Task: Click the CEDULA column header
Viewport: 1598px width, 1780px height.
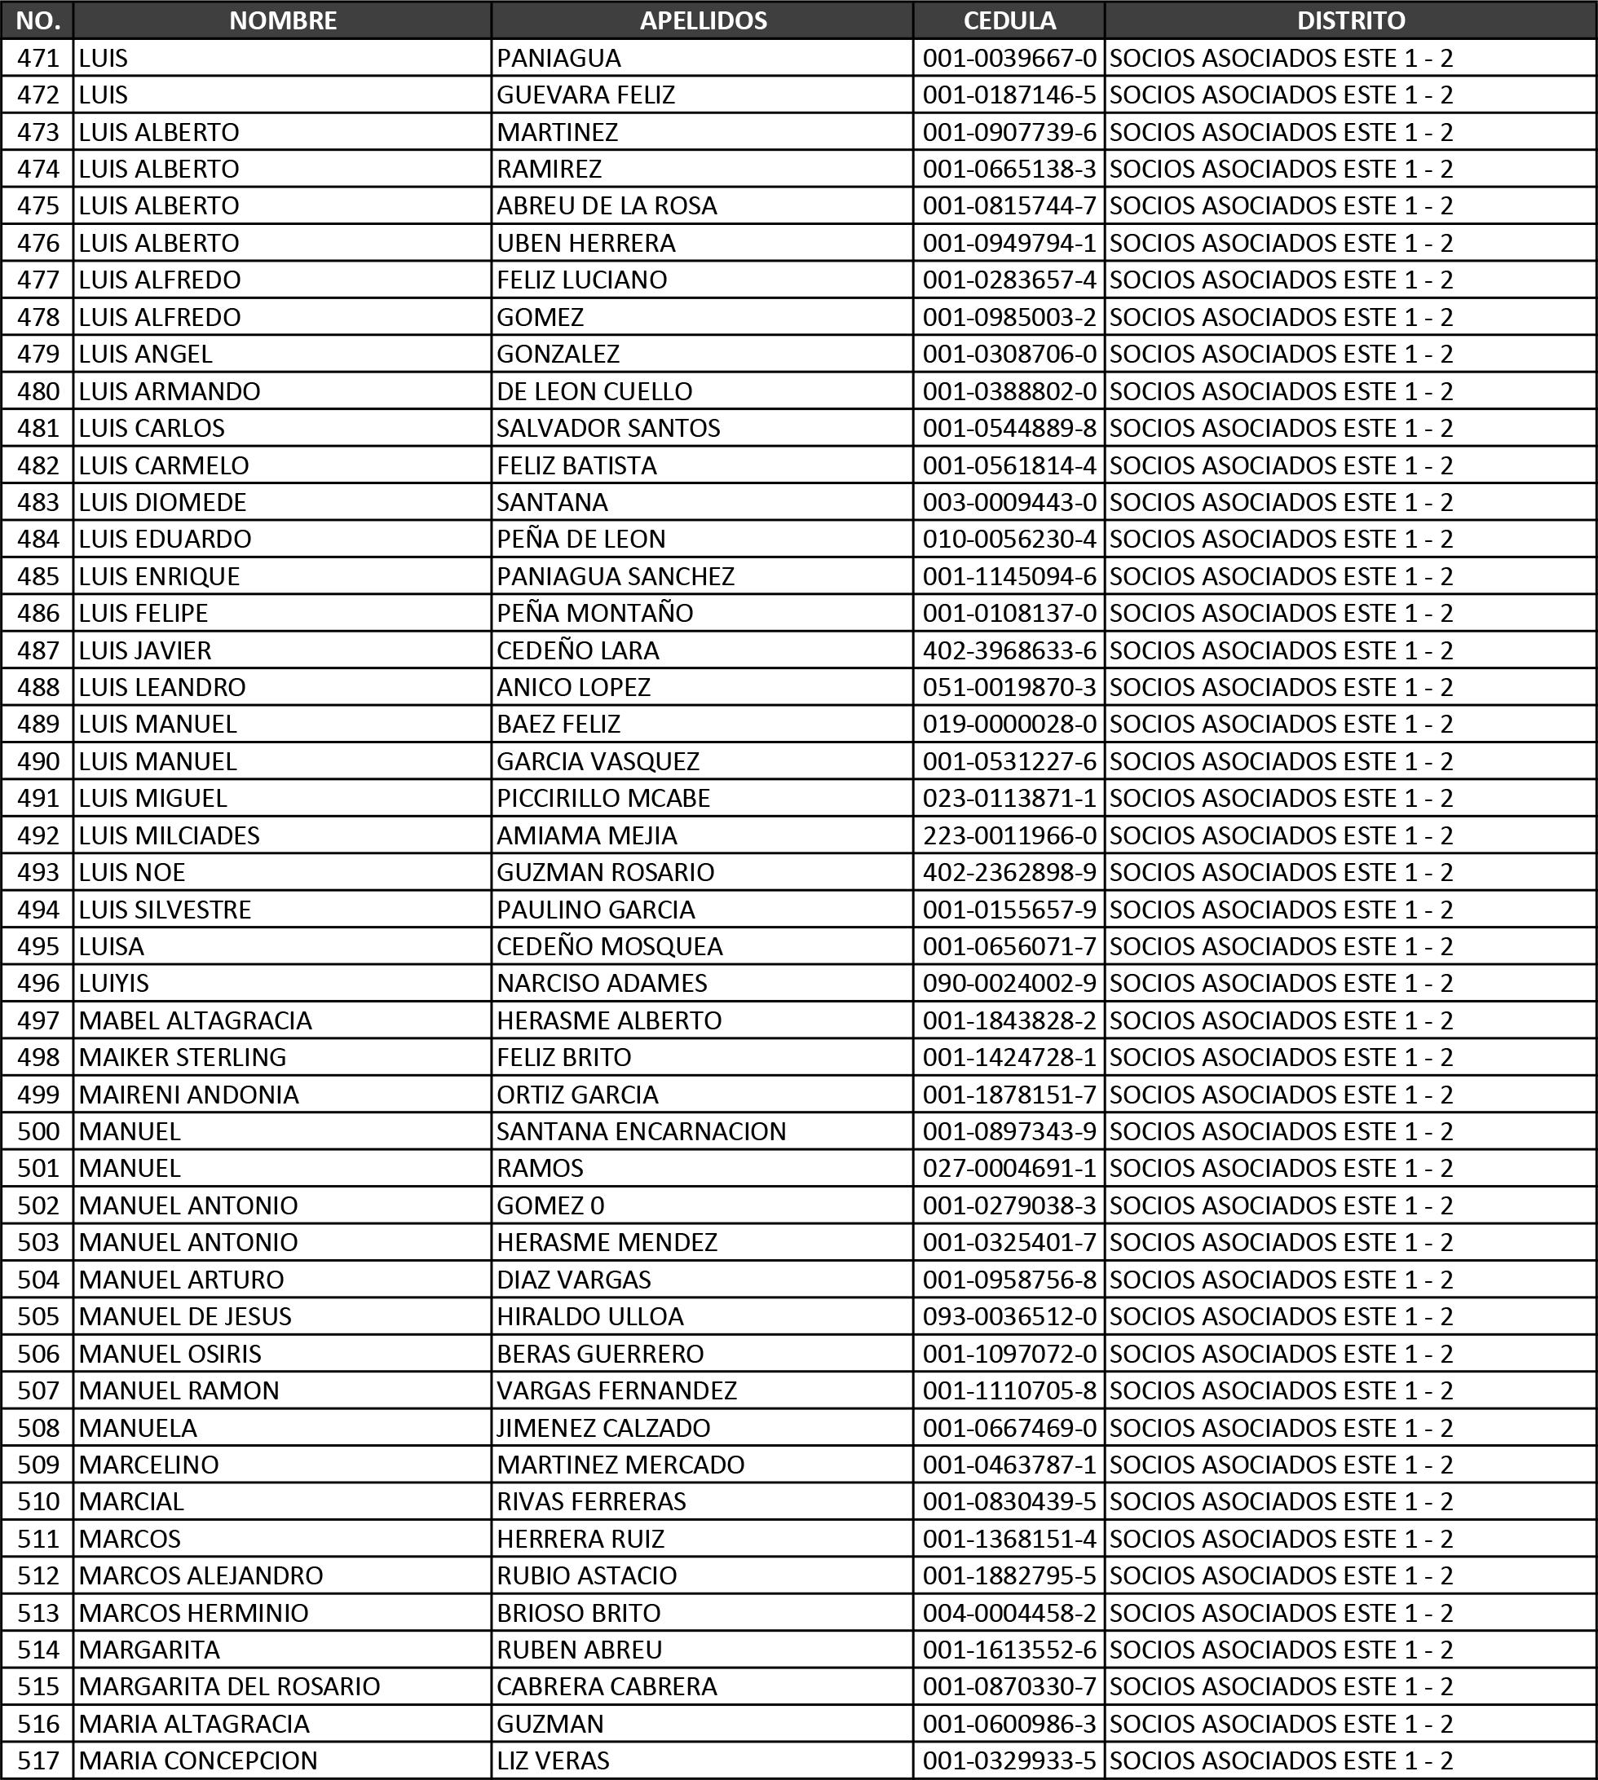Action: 1009,20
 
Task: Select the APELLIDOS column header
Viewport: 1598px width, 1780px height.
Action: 703,20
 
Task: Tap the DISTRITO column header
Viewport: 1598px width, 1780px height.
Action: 1350,20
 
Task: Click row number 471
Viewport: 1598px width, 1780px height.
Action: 38,58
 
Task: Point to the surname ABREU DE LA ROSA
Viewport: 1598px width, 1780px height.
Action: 607,205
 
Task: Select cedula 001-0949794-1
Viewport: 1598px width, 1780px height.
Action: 1009,243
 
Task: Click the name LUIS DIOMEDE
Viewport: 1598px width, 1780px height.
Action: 162,502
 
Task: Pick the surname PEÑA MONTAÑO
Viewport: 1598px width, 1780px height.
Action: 594,613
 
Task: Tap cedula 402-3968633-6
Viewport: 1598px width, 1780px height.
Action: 1009,650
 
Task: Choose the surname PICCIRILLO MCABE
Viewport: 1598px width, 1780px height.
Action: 603,798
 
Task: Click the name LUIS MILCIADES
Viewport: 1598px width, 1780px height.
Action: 169,835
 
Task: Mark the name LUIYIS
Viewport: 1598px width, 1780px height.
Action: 113,983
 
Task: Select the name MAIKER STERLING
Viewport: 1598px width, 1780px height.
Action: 182,1057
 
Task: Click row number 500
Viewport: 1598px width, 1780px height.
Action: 38,1131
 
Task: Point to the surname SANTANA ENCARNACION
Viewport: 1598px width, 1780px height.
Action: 641,1131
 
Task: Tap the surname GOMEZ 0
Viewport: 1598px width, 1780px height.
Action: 550,1205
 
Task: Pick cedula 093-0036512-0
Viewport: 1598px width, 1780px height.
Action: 1009,1316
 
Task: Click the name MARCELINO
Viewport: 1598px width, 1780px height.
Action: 148,1464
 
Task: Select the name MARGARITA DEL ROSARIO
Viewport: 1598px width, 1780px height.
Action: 229,1686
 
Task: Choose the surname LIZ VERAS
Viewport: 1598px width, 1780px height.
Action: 552,1760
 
